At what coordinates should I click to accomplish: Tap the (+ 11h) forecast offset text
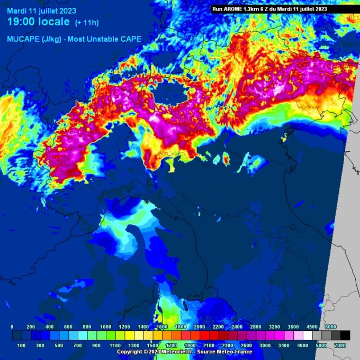coord(86,22)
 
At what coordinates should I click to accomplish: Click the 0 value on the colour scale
coord(12,327)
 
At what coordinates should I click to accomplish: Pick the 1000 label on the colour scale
coord(105,327)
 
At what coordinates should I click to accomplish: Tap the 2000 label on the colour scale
coord(199,327)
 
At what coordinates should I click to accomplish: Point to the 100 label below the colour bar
coord(21,345)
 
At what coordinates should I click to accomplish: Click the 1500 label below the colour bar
coord(152,345)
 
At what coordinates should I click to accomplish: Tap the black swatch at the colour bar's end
coord(345,336)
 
